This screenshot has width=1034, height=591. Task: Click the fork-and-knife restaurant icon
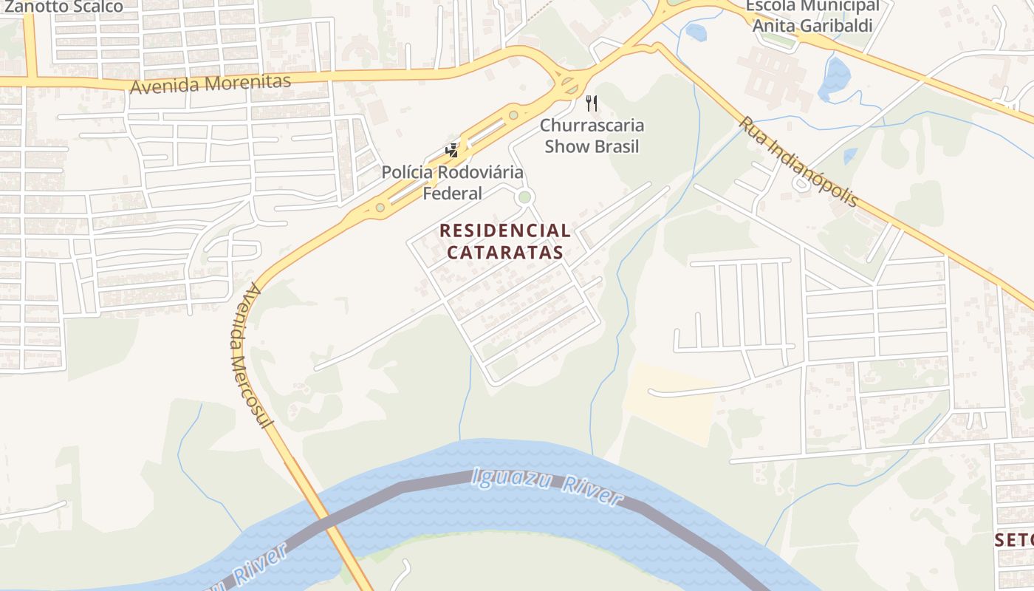point(592,103)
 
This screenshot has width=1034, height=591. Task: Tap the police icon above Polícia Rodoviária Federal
point(451,151)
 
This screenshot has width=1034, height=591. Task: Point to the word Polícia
point(408,173)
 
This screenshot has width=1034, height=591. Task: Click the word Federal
point(452,194)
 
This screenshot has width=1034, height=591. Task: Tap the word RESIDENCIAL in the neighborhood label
point(505,230)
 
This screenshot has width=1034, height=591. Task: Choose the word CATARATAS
point(505,252)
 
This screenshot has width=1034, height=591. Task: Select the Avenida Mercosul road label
point(250,355)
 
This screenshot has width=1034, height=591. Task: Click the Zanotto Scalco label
point(63,7)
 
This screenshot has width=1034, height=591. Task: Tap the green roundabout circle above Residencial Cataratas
point(524,197)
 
